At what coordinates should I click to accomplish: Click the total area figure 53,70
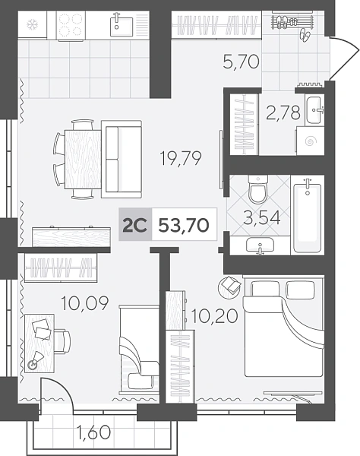(184, 225)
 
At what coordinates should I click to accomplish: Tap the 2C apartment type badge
(135, 225)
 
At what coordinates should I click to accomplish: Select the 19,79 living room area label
(181, 158)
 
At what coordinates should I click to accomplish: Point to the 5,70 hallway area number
(241, 62)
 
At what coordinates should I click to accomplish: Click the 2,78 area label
(283, 112)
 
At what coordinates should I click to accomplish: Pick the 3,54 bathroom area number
(262, 218)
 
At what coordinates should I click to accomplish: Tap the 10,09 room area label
(85, 303)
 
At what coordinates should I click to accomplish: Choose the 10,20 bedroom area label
(214, 316)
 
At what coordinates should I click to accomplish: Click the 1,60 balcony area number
(93, 432)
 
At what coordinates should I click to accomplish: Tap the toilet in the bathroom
(257, 189)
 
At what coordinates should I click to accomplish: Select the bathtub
(308, 215)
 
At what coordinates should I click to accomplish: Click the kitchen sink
(122, 26)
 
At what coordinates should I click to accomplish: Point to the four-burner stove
(71, 25)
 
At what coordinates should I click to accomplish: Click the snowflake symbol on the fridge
(31, 25)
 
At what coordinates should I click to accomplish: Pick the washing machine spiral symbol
(310, 141)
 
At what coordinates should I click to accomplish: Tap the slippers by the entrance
(305, 35)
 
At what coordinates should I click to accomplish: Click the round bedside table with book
(229, 287)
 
